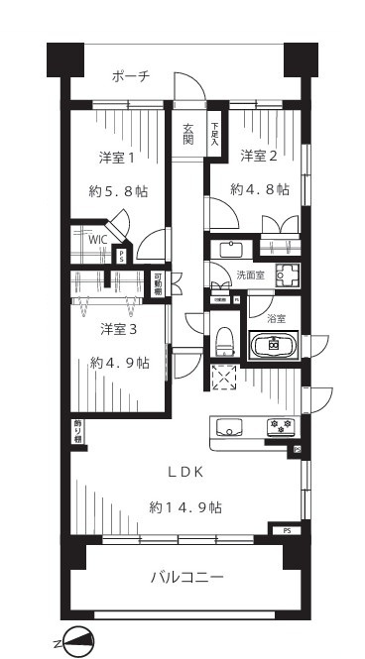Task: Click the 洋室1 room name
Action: click(118, 158)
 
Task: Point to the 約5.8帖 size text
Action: click(118, 190)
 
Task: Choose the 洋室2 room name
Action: click(259, 156)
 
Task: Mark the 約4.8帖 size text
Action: click(259, 188)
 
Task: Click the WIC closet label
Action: click(98, 239)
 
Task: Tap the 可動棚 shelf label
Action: click(158, 283)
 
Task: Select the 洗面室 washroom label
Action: click(250, 275)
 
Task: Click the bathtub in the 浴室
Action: click(273, 347)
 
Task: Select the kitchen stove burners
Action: click(279, 427)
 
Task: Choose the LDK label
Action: click(184, 473)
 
